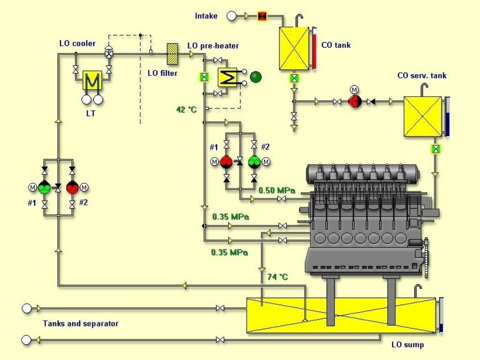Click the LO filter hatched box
coord(172,54)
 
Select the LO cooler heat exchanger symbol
coord(92,81)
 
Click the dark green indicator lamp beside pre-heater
coord(255,77)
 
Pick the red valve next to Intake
coord(262,16)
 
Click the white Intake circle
coord(231,16)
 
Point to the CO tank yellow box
coord(294,48)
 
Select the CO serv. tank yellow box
coord(422,117)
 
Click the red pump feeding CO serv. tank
coord(354,101)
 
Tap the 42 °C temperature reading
coord(187,110)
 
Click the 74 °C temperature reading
coord(277,277)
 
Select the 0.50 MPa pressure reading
coord(277,190)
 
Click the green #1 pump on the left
coord(45,187)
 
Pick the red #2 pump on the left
coord(72,187)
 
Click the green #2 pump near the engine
coord(254,162)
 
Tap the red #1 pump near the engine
coord(226,162)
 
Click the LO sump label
coord(407,345)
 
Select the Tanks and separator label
coord(81,323)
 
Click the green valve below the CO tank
coord(294,78)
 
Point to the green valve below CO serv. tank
coord(436,149)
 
